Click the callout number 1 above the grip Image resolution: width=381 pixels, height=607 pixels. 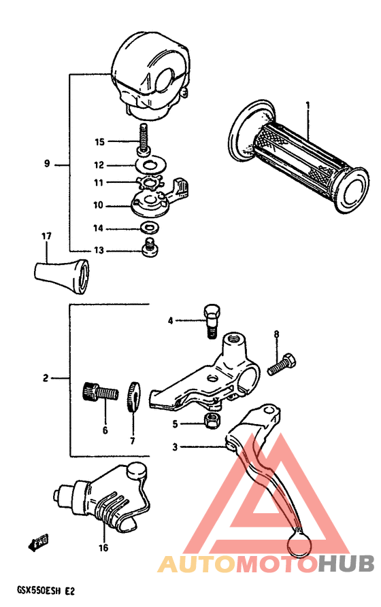coord(308,105)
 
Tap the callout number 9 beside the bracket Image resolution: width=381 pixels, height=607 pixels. coord(47,164)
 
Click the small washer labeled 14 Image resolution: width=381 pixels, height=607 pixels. coord(146,228)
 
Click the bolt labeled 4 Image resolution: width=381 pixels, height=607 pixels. coord(211,319)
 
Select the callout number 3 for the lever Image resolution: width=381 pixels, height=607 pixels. coord(175,447)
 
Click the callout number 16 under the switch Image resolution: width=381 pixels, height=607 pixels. coord(103,547)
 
